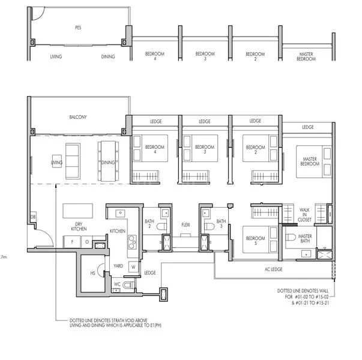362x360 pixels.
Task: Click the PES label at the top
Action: (78, 28)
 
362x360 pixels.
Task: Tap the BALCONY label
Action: (78, 118)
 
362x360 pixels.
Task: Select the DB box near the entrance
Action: (33, 217)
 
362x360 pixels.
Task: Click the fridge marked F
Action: (72, 241)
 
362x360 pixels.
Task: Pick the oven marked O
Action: (87, 241)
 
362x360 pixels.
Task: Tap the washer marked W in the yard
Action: (132, 266)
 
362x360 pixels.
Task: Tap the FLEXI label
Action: (186, 224)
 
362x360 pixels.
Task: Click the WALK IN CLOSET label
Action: (304, 214)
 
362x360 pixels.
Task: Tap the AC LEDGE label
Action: (273, 269)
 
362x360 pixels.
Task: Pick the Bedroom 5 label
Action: (256, 241)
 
